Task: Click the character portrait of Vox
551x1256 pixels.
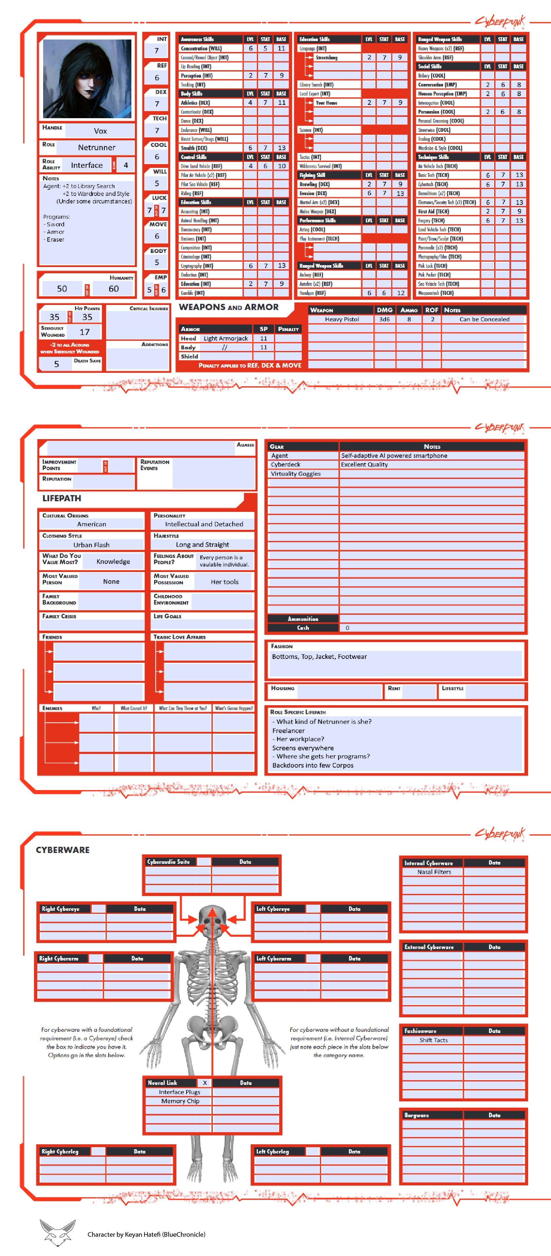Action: pyautogui.click(x=87, y=78)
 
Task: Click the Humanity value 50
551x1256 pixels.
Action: pyautogui.click(x=62, y=289)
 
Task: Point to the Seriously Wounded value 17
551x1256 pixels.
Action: pyautogui.click(x=84, y=332)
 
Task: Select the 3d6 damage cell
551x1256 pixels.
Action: pyautogui.click(x=385, y=319)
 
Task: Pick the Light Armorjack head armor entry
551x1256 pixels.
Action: pyautogui.click(x=225, y=338)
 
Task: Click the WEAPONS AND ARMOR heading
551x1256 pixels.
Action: pyautogui.click(x=228, y=307)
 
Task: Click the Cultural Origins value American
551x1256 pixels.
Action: pyautogui.click(x=92, y=524)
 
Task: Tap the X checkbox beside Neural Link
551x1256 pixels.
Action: pyautogui.click(x=205, y=1083)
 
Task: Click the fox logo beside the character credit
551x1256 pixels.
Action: pyautogui.click(x=58, y=1232)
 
